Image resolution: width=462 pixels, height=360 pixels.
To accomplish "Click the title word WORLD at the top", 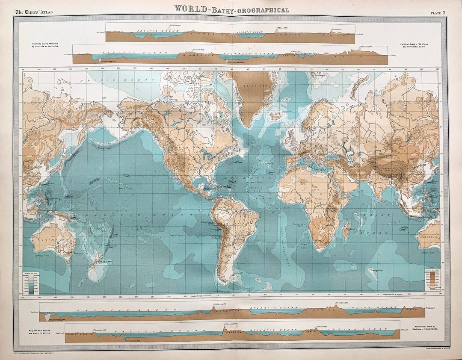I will [x=192, y=9].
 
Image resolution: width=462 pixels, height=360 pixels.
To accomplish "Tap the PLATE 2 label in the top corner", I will [x=438, y=12].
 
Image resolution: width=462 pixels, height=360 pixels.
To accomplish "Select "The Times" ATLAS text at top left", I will [x=34, y=12].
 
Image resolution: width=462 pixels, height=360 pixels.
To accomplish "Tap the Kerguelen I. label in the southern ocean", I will [x=377, y=271].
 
